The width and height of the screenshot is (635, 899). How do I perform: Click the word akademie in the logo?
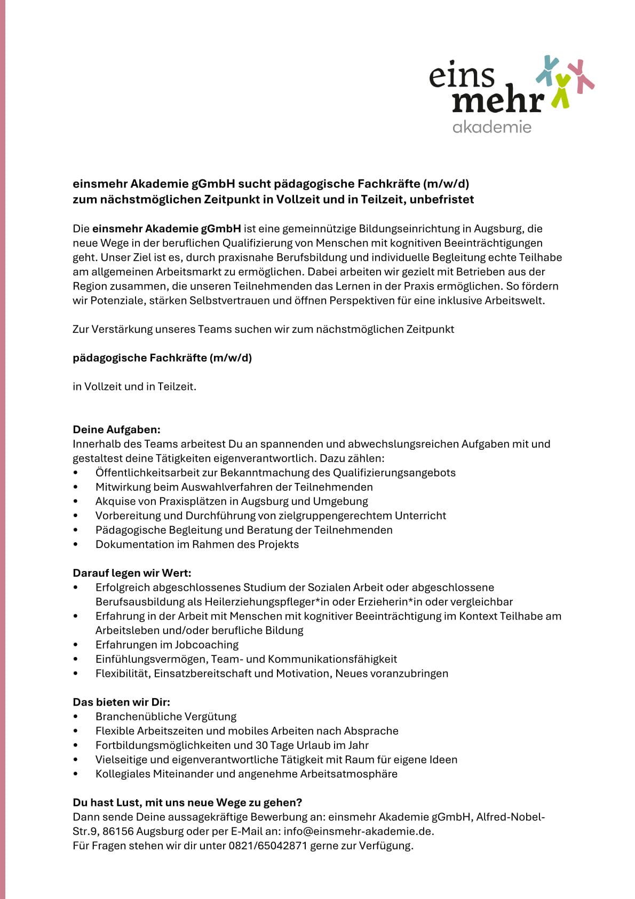click(x=491, y=127)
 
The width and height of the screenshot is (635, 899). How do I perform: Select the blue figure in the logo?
click(x=547, y=69)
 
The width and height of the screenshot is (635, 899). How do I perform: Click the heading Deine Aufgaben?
click(x=116, y=429)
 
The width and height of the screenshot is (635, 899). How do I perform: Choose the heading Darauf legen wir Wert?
click(x=132, y=573)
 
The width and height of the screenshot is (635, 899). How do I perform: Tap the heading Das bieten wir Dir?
click(x=121, y=702)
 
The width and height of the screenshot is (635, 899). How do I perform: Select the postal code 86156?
click(x=118, y=831)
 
